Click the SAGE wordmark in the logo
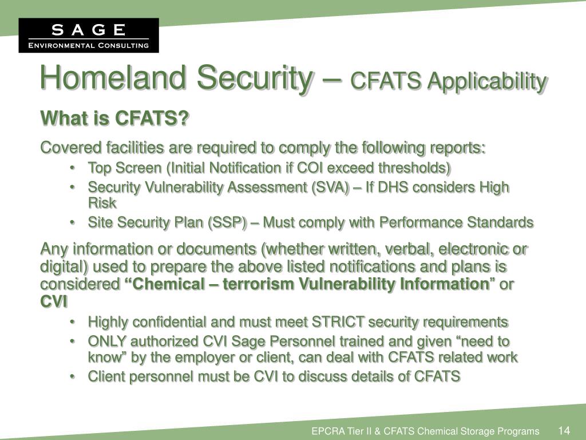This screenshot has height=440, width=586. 89,30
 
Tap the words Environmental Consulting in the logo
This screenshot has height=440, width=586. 89,45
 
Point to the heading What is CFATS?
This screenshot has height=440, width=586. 114,119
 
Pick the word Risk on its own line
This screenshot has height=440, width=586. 102,202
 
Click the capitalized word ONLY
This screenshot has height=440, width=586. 107,341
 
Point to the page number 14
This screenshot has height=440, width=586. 564,430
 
